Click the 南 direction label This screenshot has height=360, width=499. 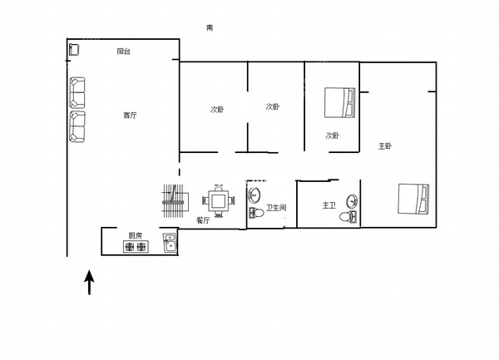pos(210,28)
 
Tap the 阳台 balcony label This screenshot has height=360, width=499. pos(123,52)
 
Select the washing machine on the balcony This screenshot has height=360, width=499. pos(74,50)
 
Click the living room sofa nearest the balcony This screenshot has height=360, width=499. pos(77,93)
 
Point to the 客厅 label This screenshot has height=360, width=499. pos(130,115)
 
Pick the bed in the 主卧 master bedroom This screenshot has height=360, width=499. pos(413,199)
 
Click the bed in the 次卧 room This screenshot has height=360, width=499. pos(339,103)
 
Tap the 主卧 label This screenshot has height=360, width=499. pos(385,146)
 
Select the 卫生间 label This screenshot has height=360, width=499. pos(276,208)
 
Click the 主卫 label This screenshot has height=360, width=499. pos(329,205)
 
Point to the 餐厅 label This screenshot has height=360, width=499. pos(203,220)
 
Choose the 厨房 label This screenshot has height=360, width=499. pos(136,235)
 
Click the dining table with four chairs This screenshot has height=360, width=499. pos(219,200)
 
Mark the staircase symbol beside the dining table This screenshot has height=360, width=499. pos(174,201)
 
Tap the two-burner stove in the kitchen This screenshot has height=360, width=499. pos(136,247)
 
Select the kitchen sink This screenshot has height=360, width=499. pos(170,243)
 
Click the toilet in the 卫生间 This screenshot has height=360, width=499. pos(256,213)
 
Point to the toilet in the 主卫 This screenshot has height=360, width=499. pos(348,217)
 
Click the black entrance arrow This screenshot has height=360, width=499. pos(90,282)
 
